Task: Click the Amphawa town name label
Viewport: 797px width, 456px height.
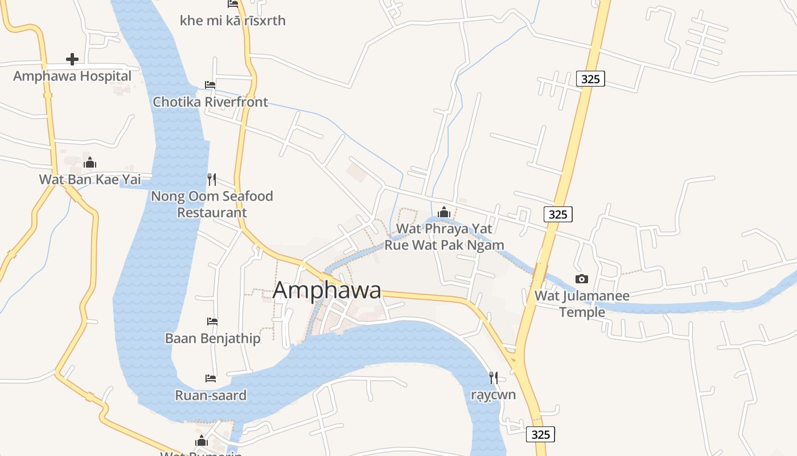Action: point(327,290)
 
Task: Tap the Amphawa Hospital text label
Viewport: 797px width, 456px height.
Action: point(72,76)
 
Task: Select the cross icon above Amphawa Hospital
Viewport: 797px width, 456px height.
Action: point(72,59)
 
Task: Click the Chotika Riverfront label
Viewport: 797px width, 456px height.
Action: point(210,102)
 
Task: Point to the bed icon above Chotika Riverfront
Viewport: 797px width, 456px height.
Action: point(210,85)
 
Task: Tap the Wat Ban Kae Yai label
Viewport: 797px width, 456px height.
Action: point(90,180)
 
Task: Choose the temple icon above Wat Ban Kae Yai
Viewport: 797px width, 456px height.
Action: point(90,163)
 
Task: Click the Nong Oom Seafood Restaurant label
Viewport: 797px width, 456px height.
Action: point(212,204)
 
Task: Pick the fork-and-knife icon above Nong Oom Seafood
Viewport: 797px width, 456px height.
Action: point(212,180)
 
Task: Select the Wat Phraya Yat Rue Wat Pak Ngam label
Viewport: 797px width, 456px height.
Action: point(444,237)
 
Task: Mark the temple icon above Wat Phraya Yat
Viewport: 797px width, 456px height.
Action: point(444,213)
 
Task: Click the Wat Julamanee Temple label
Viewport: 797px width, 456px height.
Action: point(582,304)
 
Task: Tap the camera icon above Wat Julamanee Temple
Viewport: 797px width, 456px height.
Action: point(581,279)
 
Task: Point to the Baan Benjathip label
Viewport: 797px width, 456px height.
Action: point(212,339)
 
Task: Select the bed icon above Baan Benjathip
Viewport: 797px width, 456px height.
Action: point(212,321)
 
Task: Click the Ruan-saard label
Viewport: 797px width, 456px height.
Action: point(211,396)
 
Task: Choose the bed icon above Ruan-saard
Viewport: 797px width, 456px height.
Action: point(211,378)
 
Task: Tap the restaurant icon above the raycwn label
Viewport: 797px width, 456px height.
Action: point(494,377)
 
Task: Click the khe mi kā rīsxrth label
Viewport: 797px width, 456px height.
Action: point(232,21)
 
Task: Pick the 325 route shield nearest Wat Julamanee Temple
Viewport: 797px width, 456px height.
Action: point(558,214)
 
